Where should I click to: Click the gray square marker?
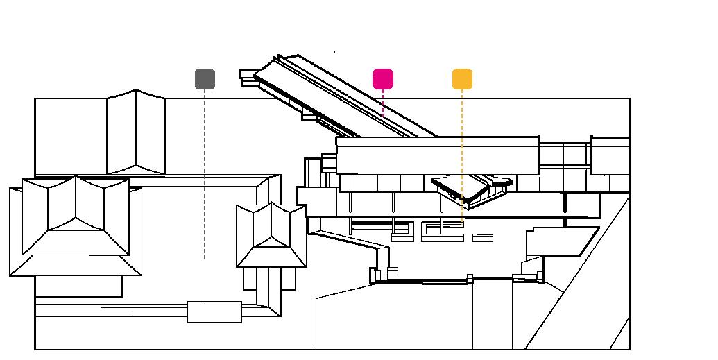point(205,79)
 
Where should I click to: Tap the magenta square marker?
point(383,79)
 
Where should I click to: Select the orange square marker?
point(462,79)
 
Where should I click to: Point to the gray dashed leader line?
point(205,173)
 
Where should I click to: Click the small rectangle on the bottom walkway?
point(214,312)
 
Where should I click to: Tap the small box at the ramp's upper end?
point(247,75)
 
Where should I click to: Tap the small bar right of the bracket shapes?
point(483,238)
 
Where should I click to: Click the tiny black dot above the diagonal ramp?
point(334,52)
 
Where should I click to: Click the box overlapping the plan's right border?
point(610,155)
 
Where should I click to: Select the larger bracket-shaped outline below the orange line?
point(443,232)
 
